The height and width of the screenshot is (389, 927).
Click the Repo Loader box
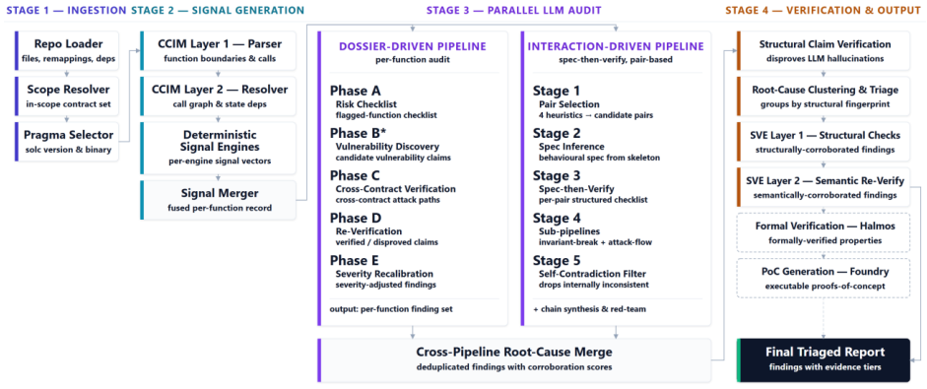pos(67,50)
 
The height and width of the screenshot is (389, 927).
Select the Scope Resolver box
pos(67,96)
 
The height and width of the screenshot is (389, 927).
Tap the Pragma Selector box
pos(67,141)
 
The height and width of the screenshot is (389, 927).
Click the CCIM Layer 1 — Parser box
pos(218,50)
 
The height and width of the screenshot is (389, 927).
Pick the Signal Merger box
pos(218,200)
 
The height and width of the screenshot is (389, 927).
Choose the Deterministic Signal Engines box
pos(218,148)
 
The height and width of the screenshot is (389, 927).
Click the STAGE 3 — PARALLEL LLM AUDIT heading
pos(513,10)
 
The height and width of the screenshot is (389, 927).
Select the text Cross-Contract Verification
pos(395,188)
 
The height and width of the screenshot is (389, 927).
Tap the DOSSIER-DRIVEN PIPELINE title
pos(413,46)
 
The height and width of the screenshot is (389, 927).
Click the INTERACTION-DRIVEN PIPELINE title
pos(616,46)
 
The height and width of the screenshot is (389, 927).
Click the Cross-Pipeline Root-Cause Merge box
pos(514,360)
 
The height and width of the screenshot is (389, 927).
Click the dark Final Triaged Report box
pos(825,360)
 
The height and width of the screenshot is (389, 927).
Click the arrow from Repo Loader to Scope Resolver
pos(67,73)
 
